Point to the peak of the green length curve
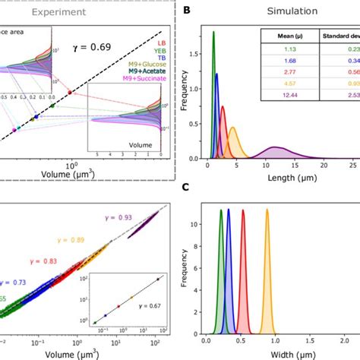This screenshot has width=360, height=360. (213, 32)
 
